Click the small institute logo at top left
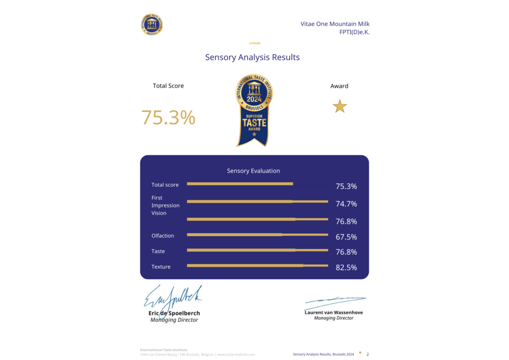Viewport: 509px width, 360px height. pyautogui.click(x=153, y=24)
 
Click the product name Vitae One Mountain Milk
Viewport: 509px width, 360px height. pyautogui.click(x=335, y=24)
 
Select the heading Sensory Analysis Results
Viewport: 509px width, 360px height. pyautogui.click(x=253, y=57)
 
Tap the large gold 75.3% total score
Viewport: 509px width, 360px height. pyautogui.click(x=168, y=117)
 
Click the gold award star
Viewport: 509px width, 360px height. pyautogui.click(x=339, y=106)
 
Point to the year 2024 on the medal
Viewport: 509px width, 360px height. pyautogui.click(x=254, y=99)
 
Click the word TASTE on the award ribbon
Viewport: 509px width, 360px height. pyautogui.click(x=254, y=122)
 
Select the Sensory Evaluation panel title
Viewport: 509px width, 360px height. pyautogui.click(x=254, y=171)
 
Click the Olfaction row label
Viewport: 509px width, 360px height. pyautogui.click(x=163, y=236)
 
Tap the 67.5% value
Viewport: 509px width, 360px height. pyautogui.click(x=346, y=237)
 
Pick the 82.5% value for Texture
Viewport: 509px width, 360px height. pyautogui.click(x=346, y=268)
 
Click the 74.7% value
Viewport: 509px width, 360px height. pyautogui.click(x=346, y=204)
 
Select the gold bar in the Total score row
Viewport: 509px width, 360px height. pyautogui.click(x=240, y=184)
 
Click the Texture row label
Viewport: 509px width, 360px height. pyautogui.click(x=161, y=267)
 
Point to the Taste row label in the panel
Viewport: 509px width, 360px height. pyautogui.click(x=158, y=252)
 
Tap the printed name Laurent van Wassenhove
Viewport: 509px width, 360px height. pyautogui.click(x=334, y=312)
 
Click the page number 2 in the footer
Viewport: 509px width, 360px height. pyautogui.click(x=367, y=355)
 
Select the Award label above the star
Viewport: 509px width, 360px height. pyautogui.click(x=339, y=86)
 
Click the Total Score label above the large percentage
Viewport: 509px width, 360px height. pyautogui.click(x=168, y=86)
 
